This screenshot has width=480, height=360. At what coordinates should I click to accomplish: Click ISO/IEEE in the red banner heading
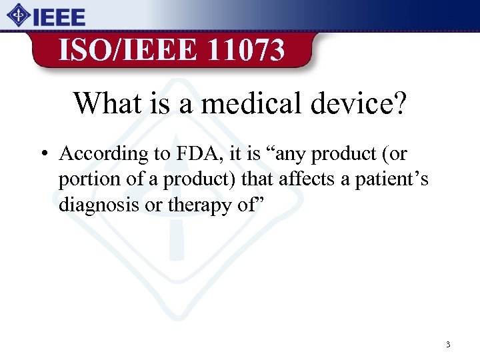(x=126, y=49)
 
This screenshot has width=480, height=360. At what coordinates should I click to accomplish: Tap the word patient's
(x=389, y=179)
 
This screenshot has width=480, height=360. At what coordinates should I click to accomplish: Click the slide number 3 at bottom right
(x=448, y=345)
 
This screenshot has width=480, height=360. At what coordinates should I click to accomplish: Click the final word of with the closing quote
(x=247, y=205)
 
